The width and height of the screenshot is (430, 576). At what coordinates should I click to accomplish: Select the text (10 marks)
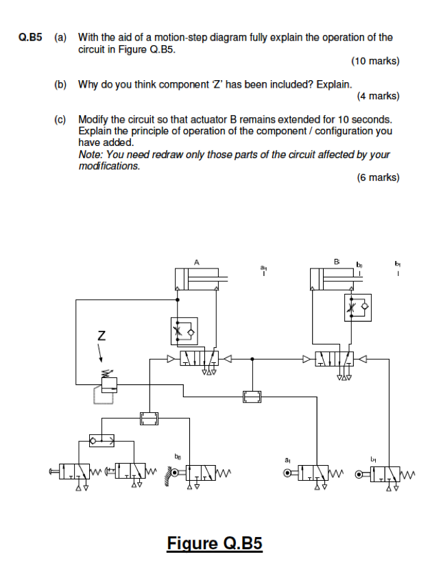pyautogui.click(x=374, y=61)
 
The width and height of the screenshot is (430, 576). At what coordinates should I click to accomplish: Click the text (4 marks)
pyautogui.click(x=378, y=96)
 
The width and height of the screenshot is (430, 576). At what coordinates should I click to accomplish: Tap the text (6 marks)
pyautogui.click(x=378, y=177)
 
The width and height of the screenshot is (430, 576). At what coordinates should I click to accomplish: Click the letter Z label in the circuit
pyautogui.click(x=101, y=336)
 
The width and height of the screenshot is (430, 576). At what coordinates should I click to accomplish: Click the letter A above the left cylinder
pyautogui.click(x=197, y=261)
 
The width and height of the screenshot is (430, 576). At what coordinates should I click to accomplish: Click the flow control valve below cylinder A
pyautogui.click(x=184, y=331)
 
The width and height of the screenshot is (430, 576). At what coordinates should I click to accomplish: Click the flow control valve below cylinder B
pyautogui.click(x=357, y=307)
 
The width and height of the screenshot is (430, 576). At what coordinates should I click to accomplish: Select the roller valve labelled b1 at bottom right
pyautogui.click(x=385, y=472)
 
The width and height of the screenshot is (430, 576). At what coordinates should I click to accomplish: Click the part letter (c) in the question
pyautogui.click(x=60, y=119)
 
